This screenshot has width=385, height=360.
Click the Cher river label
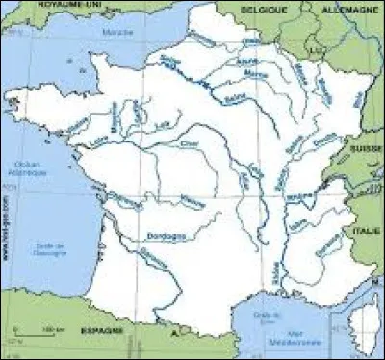[x=188, y=146]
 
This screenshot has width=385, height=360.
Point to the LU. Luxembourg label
[x=313, y=45]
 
